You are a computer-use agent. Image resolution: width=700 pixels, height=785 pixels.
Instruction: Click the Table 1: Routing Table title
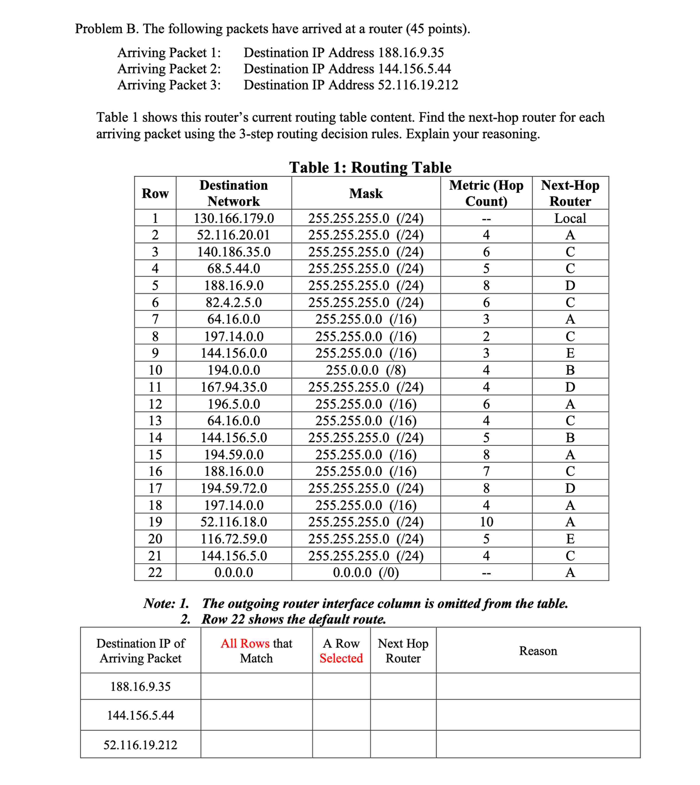coord(370,167)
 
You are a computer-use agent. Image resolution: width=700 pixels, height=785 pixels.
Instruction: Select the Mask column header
coord(366,193)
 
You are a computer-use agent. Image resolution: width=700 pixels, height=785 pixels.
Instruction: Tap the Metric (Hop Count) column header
coord(486,193)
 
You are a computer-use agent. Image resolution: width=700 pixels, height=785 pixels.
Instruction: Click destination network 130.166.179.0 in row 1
coord(234,218)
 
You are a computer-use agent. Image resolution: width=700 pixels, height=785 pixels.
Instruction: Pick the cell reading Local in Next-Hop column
coord(570,218)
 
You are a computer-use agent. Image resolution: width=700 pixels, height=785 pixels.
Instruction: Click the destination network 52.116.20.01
coord(234,235)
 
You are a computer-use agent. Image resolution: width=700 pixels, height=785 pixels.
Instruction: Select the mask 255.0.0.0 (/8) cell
coord(366,370)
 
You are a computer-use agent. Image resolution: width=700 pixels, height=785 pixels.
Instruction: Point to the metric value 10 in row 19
coord(486,522)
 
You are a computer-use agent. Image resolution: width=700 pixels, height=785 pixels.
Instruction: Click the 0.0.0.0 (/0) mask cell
coord(366,573)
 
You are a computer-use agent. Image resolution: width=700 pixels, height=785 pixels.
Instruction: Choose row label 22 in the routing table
coord(155,573)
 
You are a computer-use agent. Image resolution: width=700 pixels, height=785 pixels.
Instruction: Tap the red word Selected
coord(341,658)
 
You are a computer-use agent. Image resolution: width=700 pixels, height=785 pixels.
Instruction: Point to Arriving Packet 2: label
coord(169,69)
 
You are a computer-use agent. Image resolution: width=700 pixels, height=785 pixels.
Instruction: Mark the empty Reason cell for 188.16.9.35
coord(538,686)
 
